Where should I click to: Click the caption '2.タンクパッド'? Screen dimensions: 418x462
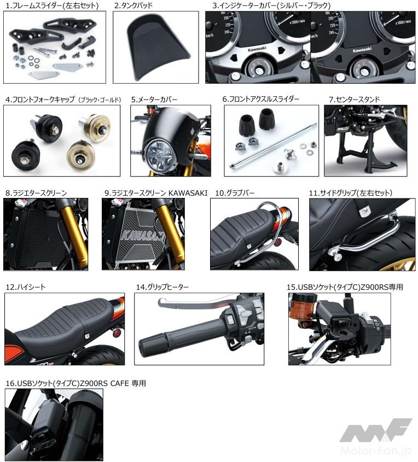[133, 5]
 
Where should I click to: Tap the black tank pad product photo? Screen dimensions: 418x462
[158, 47]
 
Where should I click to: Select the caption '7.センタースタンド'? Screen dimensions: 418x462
[354, 100]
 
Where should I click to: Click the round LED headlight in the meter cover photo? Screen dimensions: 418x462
[161, 154]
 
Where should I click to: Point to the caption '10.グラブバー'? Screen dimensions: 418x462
[235, 193]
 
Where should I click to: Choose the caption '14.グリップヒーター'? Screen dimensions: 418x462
[162, 286]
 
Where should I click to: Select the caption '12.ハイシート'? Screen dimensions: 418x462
[26, 286]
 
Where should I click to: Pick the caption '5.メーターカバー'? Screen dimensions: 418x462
[154, 100]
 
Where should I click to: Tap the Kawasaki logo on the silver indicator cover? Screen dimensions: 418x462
[257, 49]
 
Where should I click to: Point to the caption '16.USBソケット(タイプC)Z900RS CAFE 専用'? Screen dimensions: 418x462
[76, 383]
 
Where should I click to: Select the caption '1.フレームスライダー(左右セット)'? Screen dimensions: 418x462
[52, 5]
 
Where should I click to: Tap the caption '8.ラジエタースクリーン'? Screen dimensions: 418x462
[36, 193]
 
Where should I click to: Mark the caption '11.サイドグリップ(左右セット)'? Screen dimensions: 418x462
[351, 193]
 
